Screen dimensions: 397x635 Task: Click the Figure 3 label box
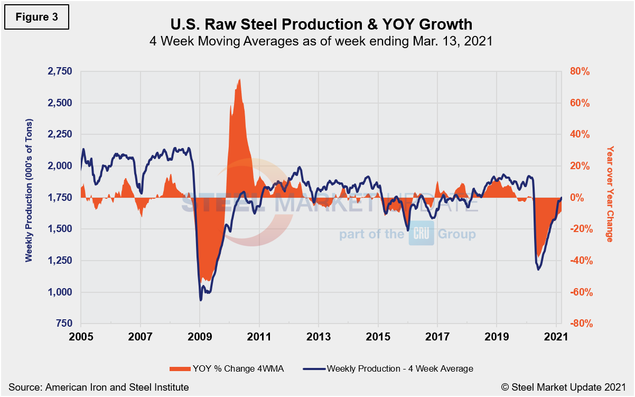tap(36, 17)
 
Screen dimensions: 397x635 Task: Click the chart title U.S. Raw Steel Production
tap(317, 24)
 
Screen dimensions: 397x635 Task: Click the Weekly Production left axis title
tap(29, 197)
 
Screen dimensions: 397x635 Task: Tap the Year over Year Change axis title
tap(610, 194)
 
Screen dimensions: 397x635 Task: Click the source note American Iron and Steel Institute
tap(99, 387)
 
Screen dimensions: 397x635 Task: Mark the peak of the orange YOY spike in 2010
tap(240, 79)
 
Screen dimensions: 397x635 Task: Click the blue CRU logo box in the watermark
tap(421, 234)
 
